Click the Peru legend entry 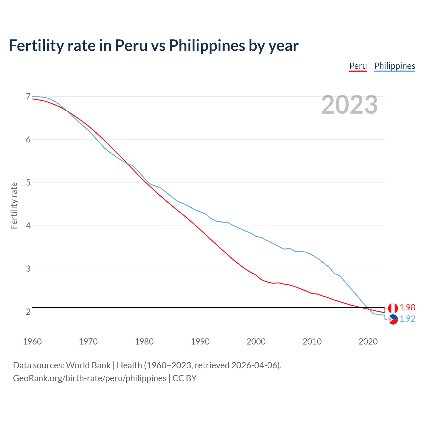click(358, 66)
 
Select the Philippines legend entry click(395, 66)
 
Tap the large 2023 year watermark click(349, 105)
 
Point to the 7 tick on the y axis click(28, 96)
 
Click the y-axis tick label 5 click(28, 183)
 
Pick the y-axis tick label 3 click(28, 269)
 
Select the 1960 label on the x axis click(32, 342)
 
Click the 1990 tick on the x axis click(200, 342)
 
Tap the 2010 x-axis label click(312, 342)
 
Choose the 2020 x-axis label click(368, 342)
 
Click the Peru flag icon click(393, 308)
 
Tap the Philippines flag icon click(393, 319)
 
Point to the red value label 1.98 click(407, 308)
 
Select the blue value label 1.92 click(407, 319)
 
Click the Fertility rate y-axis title click(14, 205)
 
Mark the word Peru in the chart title click(131, 46)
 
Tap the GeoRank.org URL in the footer click(89, 378)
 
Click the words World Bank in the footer click(88, 365)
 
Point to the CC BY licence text click(185, 378)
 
